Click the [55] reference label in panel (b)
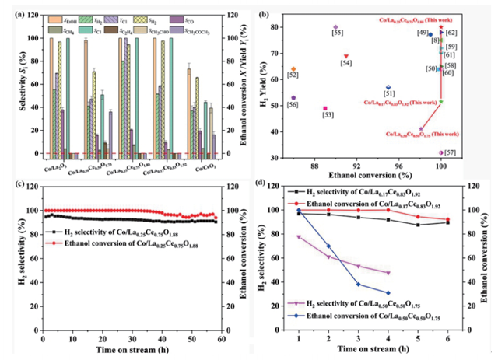[337, 33]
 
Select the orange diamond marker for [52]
[293, 69]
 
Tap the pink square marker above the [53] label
[324, 108]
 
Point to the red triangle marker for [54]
[346, 56]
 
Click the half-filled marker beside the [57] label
[441, 152]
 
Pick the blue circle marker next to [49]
[430, 34]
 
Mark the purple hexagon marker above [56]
[293, 98]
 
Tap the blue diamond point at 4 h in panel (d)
[387, 293]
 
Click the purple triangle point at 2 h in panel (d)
[327, 257]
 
